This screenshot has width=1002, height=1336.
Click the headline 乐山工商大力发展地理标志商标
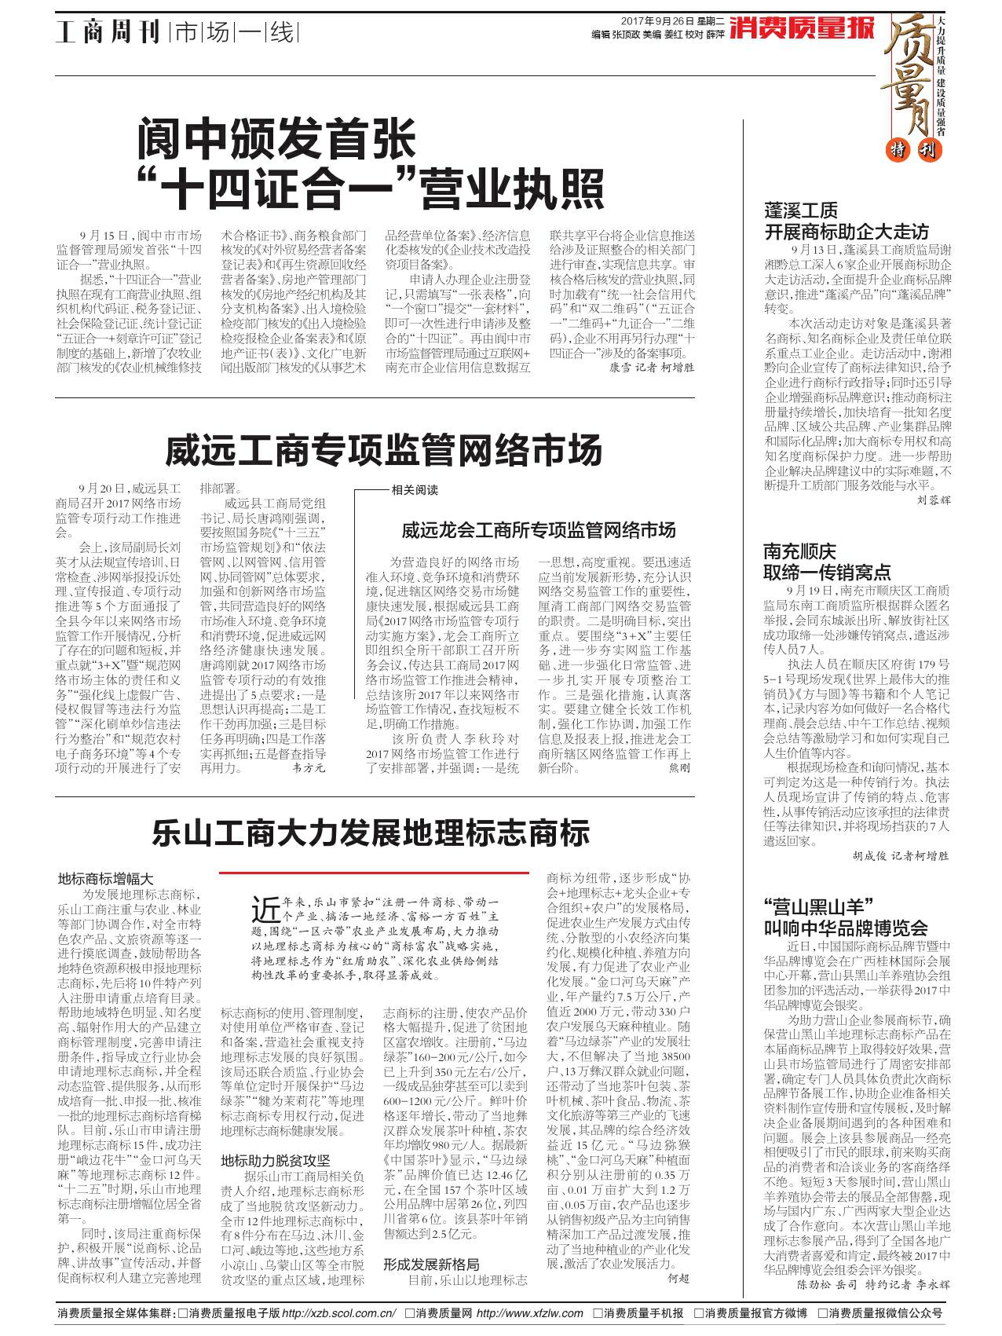click(371, 833)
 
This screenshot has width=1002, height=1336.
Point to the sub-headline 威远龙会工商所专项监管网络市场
click(538, 531)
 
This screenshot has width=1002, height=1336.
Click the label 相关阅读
click(415, 490)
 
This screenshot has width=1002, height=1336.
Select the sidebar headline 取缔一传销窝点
click(827, 572)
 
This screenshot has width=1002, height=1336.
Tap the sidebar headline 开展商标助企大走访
click(847, 232)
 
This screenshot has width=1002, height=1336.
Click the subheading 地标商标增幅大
click(106, 879)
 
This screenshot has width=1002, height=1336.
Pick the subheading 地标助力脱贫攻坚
click(274, 1160)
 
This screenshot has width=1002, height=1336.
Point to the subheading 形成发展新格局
click(431, 1264)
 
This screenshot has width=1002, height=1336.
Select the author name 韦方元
click(307, 765)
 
